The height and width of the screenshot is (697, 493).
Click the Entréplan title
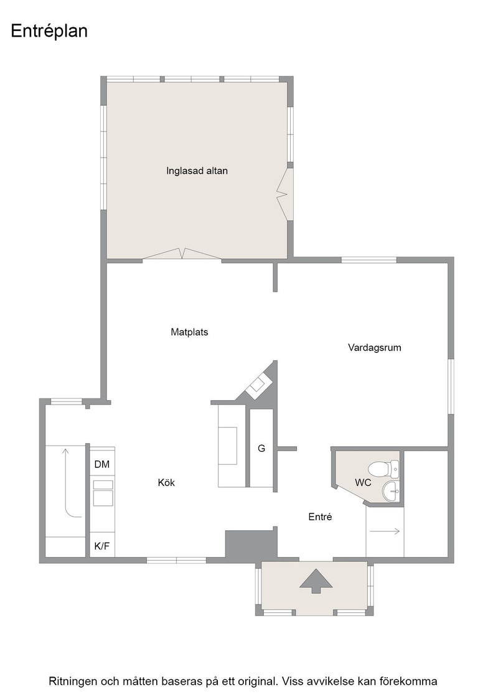click(x=49, y=32)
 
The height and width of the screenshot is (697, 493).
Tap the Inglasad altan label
click(x=197, y=171)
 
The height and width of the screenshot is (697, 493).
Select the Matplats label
click(x=189, y=332)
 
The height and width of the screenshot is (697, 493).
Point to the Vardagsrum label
click(x=374, y=348)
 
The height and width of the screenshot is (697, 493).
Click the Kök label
click(x=166, y=482)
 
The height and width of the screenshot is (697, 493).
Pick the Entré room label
click(x=320, y=517)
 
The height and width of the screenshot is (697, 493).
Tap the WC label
click(x=363, y=482)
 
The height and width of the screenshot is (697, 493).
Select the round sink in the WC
click(x=391, y=490)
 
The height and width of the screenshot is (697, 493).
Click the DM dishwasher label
click(x=102, y=464)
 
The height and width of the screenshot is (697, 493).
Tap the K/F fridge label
click(x=102, y=546)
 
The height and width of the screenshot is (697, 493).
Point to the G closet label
click(x=261, y=449)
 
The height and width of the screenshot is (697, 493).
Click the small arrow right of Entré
click(x=385, y=531)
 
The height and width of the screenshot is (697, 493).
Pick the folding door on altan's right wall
click(x=284, y=194)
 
